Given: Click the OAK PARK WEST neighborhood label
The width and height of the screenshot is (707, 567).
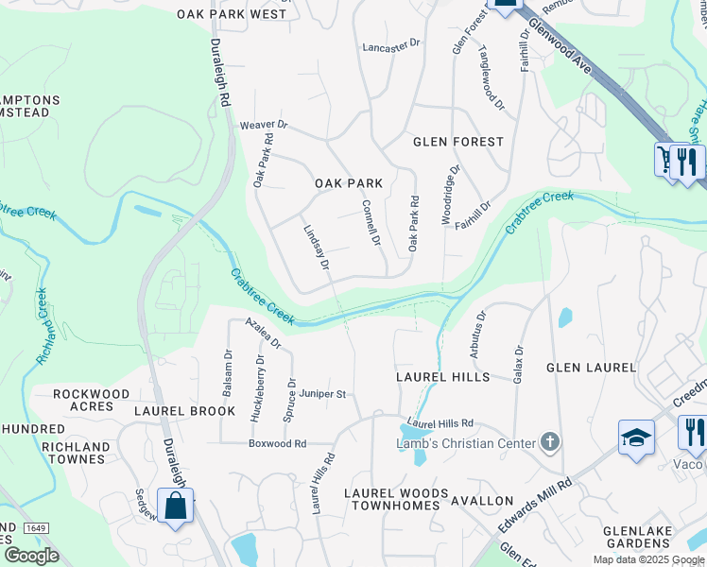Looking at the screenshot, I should [x=232, y=14].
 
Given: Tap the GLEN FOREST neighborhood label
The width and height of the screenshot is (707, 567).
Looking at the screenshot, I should [x=458, y=142].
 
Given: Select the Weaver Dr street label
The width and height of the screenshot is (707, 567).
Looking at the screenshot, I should [x=263, y=125].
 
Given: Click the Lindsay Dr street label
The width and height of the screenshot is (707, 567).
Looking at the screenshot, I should [x=316, y=249].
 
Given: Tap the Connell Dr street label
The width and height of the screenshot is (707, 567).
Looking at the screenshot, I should [x=371, y=224].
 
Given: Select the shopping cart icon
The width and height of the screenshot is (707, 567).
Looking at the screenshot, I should [x=668, y=159].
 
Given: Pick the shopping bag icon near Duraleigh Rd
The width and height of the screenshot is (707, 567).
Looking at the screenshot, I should [x=176, y=506].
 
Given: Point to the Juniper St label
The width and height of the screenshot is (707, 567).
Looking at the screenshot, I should [x=323, y=394].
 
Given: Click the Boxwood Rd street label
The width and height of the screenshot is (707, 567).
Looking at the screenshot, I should [x=278, y=443].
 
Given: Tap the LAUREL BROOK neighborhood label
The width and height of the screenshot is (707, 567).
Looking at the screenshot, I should [x=184, y=411].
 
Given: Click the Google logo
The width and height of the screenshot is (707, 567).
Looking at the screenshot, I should [x=31, y=556].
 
